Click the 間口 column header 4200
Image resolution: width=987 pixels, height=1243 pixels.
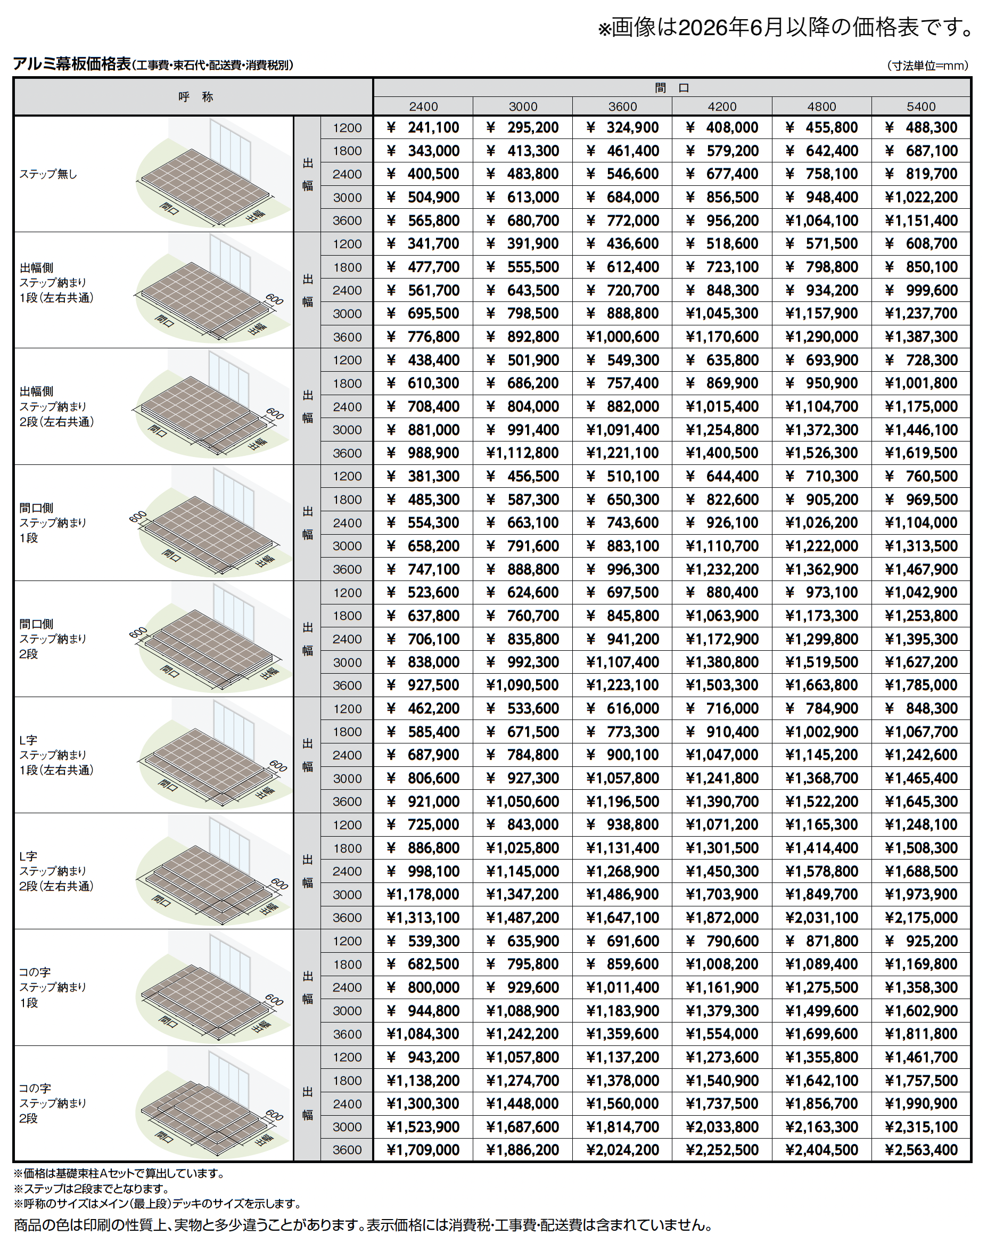point(721,107)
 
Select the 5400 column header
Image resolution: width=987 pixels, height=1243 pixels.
point(921,107)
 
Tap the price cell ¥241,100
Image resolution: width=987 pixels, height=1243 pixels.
point(423,127)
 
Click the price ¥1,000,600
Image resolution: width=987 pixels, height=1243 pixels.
point(622,337)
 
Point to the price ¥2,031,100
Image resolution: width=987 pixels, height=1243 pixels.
point(821,918)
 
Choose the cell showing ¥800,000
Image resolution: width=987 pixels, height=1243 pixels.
point(423,987)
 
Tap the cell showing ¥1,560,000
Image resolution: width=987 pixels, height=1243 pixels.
point(622,1103)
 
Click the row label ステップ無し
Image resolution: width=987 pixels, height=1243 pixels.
point(48,174)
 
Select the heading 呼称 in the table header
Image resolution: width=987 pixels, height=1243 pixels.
point(195,97)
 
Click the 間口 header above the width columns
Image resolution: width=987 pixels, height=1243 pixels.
point(672,88)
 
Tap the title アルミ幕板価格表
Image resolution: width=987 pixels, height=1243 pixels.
point(72,64)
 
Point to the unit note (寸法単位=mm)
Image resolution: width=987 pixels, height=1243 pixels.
point(928,66)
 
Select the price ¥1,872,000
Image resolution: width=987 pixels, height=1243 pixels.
point(721,918)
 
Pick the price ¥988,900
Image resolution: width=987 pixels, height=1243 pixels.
point(423,453)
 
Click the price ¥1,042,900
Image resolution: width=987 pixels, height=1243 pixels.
point(921,593)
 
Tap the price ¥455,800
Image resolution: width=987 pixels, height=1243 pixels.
point(821,127)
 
